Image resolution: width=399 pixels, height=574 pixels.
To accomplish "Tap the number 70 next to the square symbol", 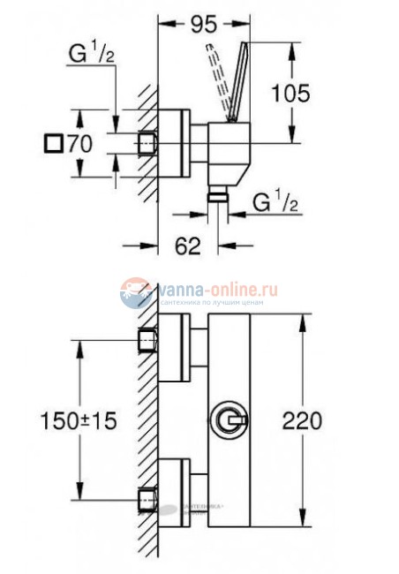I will point(83,141).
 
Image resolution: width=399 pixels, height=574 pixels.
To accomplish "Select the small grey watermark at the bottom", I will point(192,507).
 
